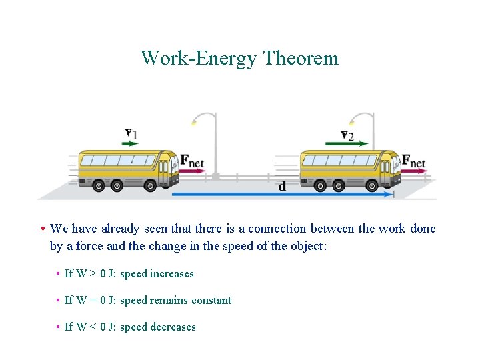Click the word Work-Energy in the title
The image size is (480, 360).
[199, 59]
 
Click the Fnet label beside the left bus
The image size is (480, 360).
[192, 161]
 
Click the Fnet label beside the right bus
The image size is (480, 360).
[414, 161]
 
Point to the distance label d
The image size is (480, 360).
[282, 186]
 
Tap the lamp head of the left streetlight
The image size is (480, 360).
[194, 121]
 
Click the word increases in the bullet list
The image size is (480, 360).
[172, 274]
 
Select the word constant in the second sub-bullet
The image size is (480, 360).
[211, 301]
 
